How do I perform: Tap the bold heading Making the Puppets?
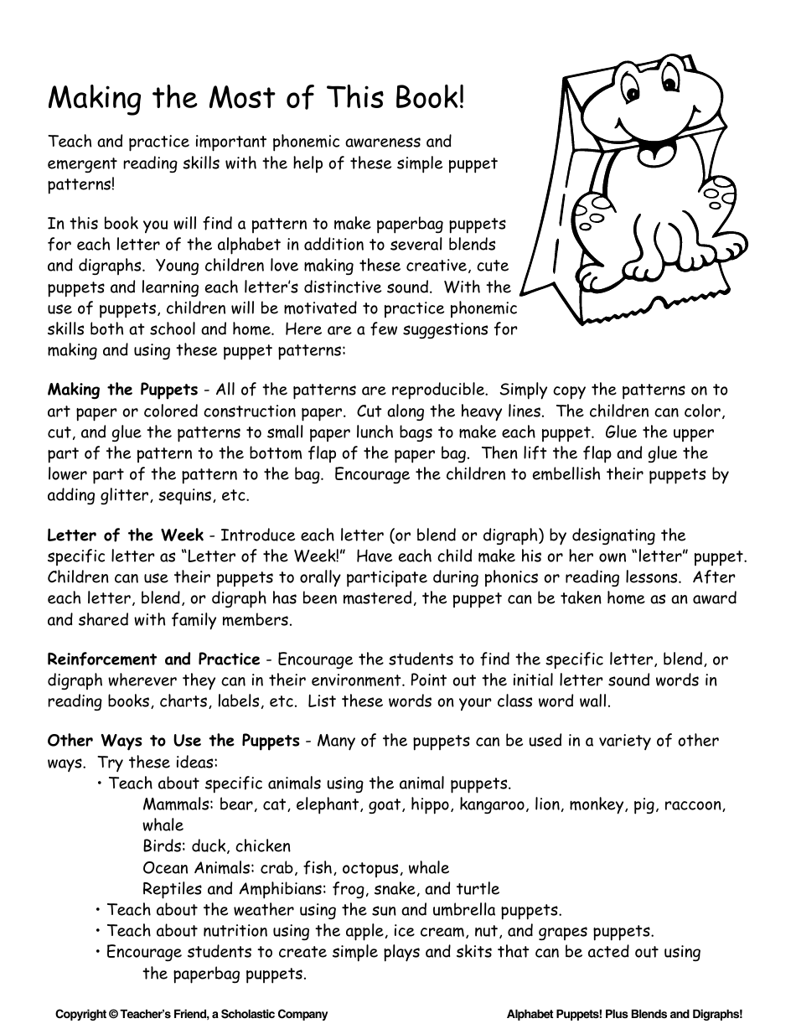(122, 390)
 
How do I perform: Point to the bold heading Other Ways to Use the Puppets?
(173, 741)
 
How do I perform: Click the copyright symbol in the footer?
(113, 1014)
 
